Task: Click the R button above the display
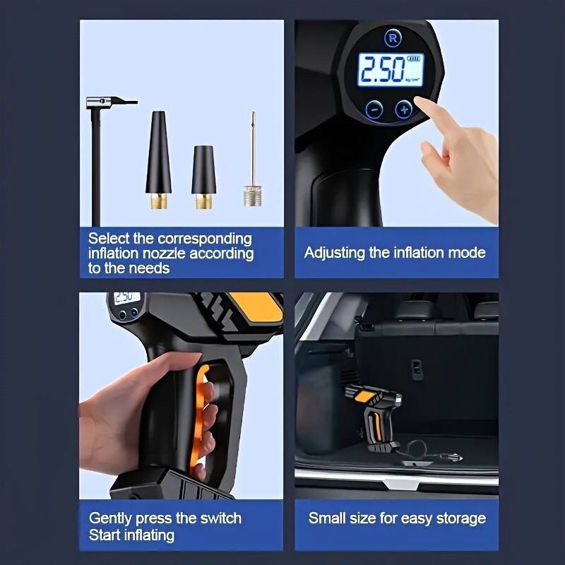(393, 38)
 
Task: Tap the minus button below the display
(375, 109)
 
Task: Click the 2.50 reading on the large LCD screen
(383, 69)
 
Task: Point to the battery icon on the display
(413, 59)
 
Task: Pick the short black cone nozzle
(203, 177)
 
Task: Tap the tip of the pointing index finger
(419, 100)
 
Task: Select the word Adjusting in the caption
(335, 253)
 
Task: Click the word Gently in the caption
(111, 518)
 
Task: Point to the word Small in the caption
(323, 518)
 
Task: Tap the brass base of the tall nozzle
(159, 201)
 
